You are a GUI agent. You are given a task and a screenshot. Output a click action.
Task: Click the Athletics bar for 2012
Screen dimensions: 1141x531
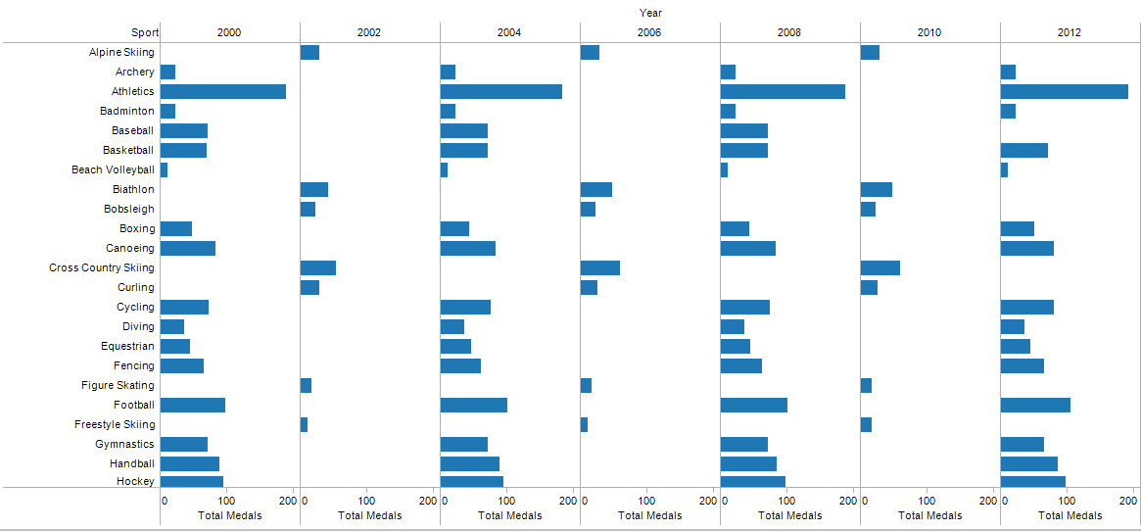[1064, 92]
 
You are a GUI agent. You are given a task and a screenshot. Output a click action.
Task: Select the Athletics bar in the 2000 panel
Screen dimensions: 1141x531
[222, 92]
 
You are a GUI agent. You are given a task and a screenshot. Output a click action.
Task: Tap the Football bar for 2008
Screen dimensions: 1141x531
[754, 405]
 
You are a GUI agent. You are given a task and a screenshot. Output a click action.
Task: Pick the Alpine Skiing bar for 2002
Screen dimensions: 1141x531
[310, 53]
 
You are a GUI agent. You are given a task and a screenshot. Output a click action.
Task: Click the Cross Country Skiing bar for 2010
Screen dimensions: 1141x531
[880, 268]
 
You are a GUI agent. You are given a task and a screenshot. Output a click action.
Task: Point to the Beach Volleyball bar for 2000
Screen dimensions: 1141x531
[164, 169]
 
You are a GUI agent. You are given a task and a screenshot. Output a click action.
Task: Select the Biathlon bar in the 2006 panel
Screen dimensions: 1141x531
[596, 189]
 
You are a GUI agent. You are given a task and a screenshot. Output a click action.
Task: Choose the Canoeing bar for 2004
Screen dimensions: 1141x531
[468, 249]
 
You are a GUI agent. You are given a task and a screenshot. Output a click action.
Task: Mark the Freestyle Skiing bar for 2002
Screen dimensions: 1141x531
[305, 424]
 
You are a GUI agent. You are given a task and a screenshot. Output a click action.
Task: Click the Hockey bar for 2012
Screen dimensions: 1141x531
[1033, 481]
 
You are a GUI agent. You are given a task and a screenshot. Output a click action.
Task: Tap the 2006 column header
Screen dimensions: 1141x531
[649, 32]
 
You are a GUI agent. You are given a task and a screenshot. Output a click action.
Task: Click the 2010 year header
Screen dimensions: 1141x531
[930, 32]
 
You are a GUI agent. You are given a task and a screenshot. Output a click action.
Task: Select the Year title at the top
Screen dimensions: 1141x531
[650, 13]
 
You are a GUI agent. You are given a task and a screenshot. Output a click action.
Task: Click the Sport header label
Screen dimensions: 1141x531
[145, 32]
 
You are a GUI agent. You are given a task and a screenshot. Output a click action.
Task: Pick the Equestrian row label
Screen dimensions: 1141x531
[128, 346]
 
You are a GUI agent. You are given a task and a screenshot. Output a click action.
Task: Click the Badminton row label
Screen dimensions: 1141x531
[127, 111]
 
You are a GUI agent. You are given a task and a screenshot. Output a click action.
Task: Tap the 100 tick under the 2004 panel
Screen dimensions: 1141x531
[507, 502]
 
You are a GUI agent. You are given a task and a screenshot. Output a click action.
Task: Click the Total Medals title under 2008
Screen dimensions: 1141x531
[790, 515]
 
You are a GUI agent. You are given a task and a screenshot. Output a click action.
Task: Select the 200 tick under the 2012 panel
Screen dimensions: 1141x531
[1129, 502]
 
